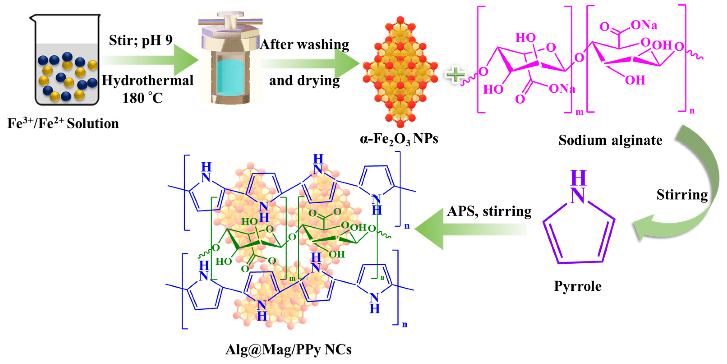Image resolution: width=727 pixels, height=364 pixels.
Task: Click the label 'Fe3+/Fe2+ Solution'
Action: pos(63,123)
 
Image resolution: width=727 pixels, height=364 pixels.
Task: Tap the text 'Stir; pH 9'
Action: pos(140,40)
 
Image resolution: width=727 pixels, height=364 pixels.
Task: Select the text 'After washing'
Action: pos(304,45)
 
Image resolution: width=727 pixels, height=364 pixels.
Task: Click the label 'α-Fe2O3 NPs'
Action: pos(399,139)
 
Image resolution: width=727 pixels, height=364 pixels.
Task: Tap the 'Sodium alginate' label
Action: pos(610,140)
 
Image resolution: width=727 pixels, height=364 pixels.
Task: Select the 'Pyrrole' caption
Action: pos(578,286)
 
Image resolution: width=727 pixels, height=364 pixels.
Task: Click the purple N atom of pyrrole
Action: pos(578,195)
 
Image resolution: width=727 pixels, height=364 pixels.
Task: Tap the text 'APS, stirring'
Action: pos(489,211)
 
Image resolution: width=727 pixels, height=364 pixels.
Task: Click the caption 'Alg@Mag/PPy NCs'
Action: pos(288,350)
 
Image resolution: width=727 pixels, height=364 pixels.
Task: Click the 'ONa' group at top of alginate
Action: pos(644,25)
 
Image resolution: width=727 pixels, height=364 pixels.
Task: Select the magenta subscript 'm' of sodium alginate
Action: pos(579,112)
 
